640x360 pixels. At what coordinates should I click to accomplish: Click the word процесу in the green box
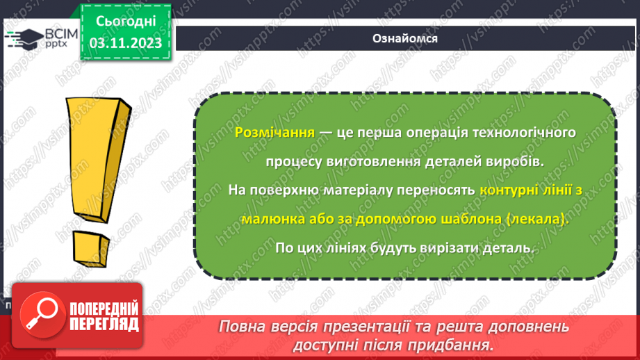point(293,161)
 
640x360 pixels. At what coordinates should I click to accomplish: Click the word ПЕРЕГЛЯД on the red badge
point(104,323)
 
